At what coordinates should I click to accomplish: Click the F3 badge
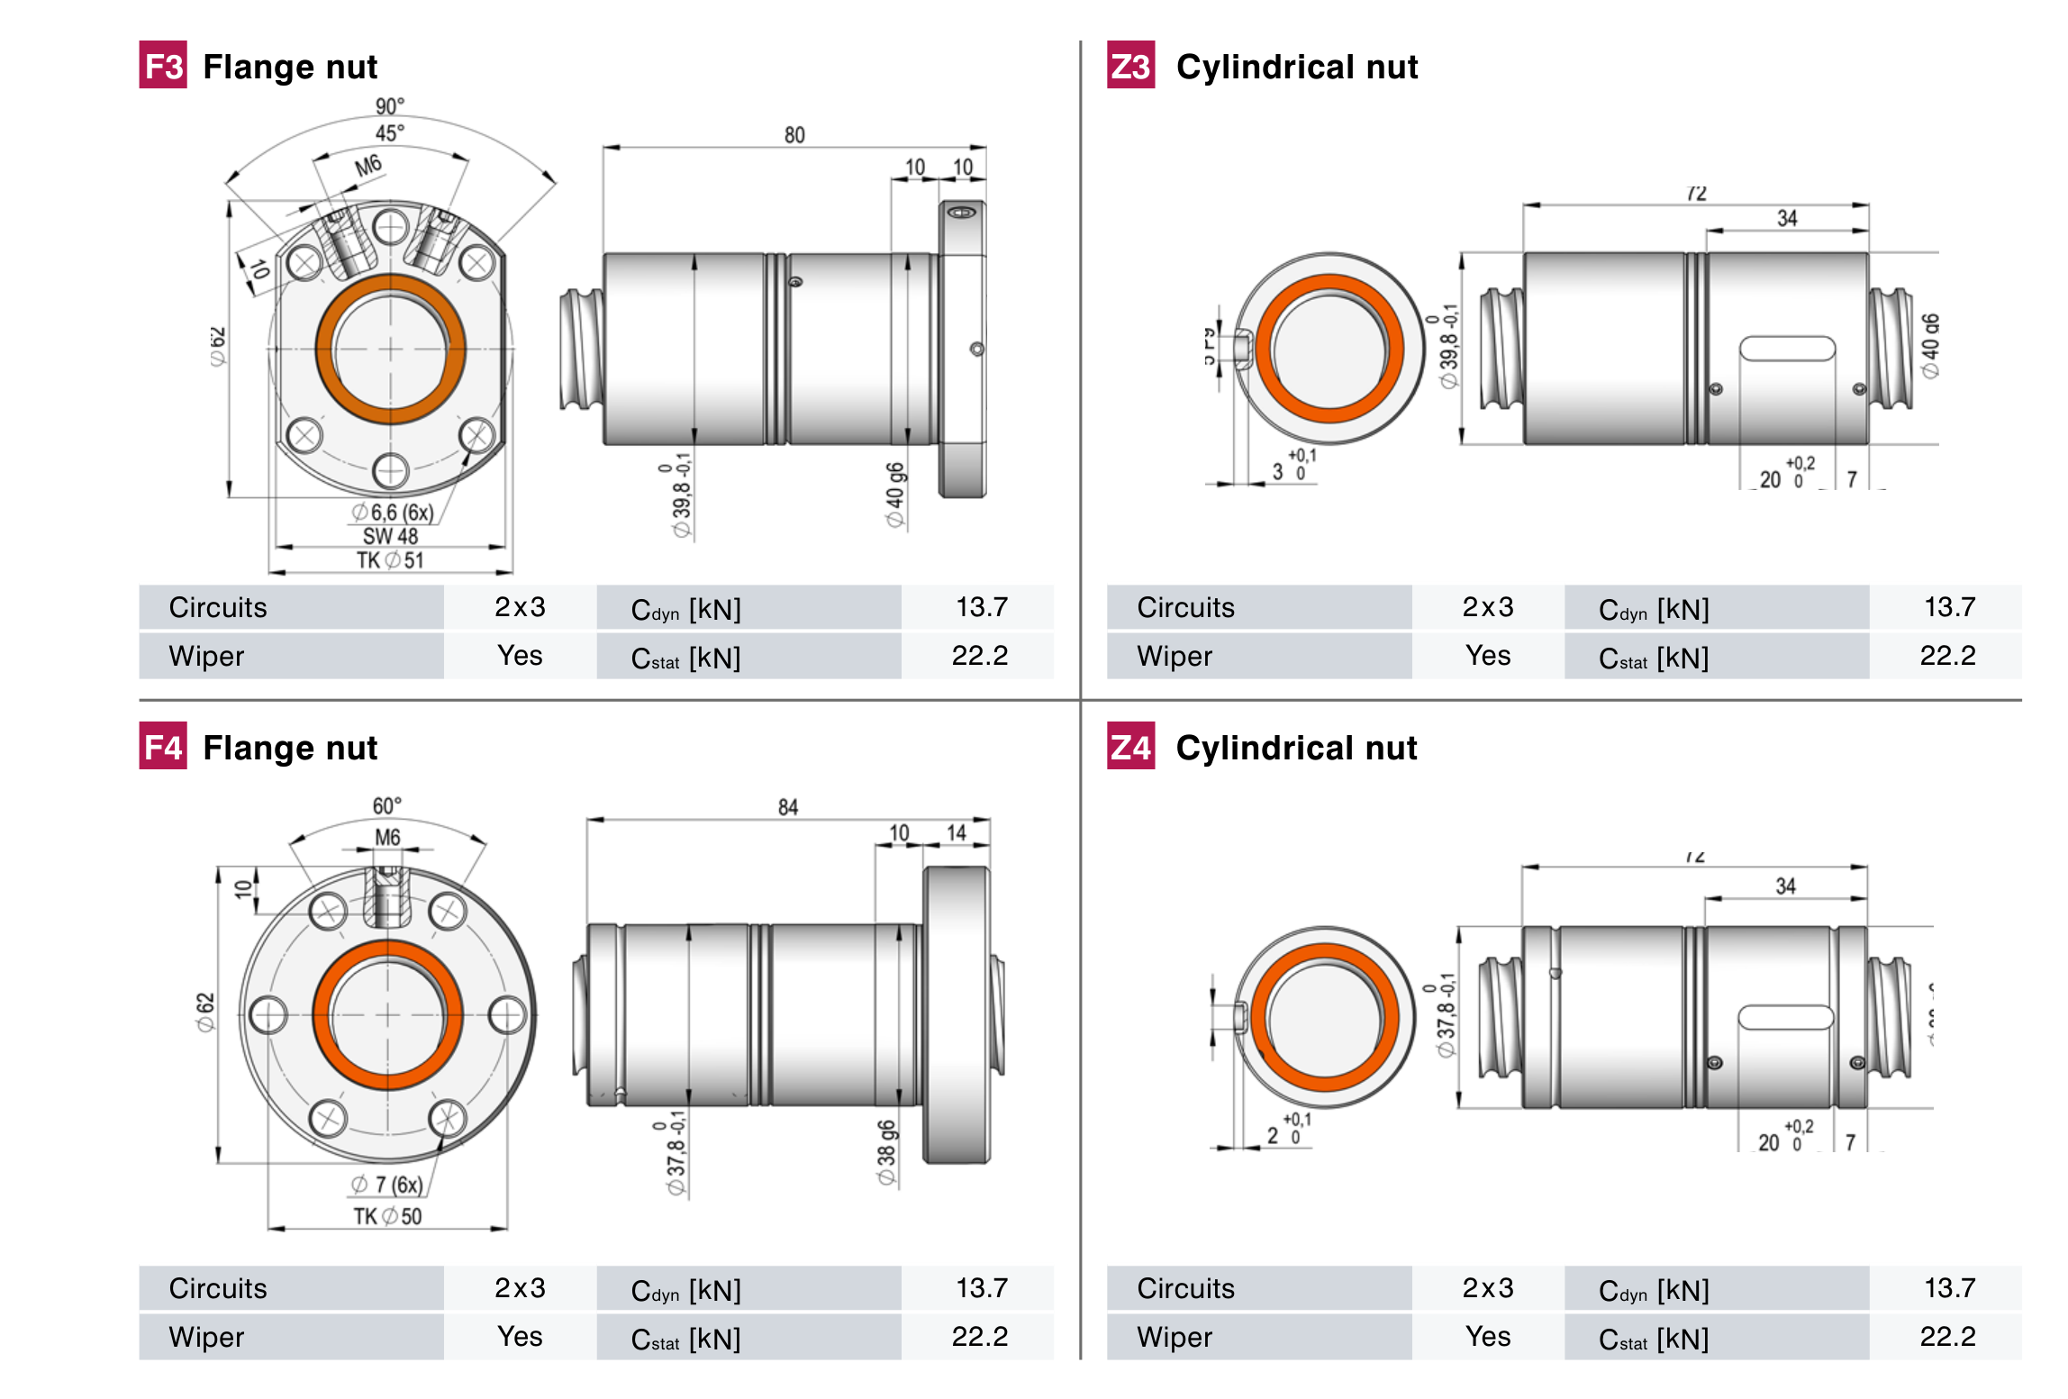tap(163, 66)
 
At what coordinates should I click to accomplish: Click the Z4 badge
tap(1130, 747)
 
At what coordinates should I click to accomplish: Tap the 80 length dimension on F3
tap(794, 135)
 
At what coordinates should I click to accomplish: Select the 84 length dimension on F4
tap(787, 807)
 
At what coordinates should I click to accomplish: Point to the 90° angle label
tap(390, 106)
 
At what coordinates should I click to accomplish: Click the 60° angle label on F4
tap(387, 805)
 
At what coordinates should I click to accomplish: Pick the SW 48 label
tap(390, 536)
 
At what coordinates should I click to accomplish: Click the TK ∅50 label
tap(387, 1216)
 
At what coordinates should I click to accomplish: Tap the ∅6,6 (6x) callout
tap(393, 513)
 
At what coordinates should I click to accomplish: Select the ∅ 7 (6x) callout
tap(387, 1185)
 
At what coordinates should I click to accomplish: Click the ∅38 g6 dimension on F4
tap(886, 1153)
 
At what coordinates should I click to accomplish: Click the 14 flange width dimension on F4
tap(957, 832)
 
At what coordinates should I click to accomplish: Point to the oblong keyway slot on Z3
tap(1787, 349)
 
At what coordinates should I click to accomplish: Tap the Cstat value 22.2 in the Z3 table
tap(1947, 656)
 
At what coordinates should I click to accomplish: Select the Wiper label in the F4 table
tap(206, 1337)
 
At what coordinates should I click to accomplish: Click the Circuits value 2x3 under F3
tap(520, 607)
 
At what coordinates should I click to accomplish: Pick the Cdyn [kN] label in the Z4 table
tap(1654, 1290)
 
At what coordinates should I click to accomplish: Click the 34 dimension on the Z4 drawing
tap(1785, 886)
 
